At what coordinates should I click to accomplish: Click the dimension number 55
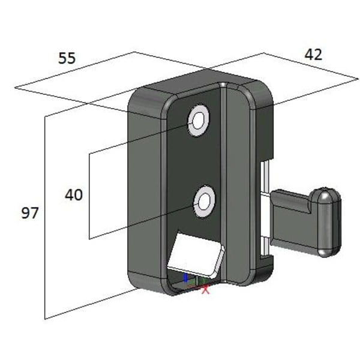point(67,58)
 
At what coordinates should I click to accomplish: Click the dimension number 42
point(313,55)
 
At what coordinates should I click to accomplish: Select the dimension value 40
point(73,195)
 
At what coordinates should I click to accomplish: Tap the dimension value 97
point(29,213)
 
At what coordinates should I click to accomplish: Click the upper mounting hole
point(198,121)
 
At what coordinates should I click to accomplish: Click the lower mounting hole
point(204,202)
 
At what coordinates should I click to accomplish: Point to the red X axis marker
point(206,289)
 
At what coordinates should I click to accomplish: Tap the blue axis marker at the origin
point(186,278)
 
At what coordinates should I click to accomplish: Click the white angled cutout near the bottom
point(194,253)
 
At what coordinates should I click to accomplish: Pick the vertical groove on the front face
point(223,183)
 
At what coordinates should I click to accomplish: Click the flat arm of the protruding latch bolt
point(292,220)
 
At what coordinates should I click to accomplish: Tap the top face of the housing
point(197,82)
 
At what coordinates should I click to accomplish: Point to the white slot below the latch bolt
point(265,247)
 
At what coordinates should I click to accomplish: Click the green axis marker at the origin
point(200,281)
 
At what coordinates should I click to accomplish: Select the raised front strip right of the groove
point(238,184)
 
